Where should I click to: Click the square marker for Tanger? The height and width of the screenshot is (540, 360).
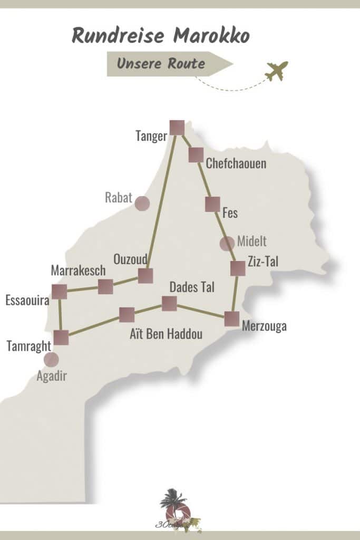177,128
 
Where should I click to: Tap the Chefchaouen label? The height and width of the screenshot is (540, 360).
236,163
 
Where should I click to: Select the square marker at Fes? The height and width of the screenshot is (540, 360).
212,204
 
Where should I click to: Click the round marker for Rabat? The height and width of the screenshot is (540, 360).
142,204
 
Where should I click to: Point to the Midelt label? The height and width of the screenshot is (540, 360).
252,242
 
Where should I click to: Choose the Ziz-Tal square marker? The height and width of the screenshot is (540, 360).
238,269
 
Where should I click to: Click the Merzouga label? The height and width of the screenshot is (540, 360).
264,326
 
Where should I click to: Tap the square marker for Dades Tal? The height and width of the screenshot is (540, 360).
169,304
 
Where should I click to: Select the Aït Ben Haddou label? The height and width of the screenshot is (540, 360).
166,334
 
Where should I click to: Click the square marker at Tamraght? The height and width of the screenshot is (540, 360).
61,337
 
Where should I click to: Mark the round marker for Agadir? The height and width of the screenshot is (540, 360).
51,360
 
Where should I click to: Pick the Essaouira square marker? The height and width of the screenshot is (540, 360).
60,292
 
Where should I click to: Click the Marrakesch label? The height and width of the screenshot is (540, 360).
79,271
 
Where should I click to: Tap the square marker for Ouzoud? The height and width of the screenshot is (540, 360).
145,276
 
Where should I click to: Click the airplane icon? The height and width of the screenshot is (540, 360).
277,71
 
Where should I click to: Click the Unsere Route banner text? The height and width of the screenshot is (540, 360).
161,64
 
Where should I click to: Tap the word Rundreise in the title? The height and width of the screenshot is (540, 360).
116,36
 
